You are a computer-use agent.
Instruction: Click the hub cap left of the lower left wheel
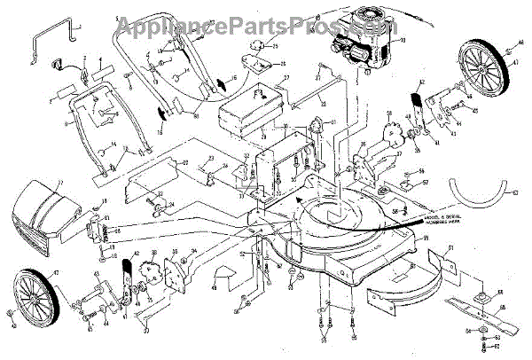8,317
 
